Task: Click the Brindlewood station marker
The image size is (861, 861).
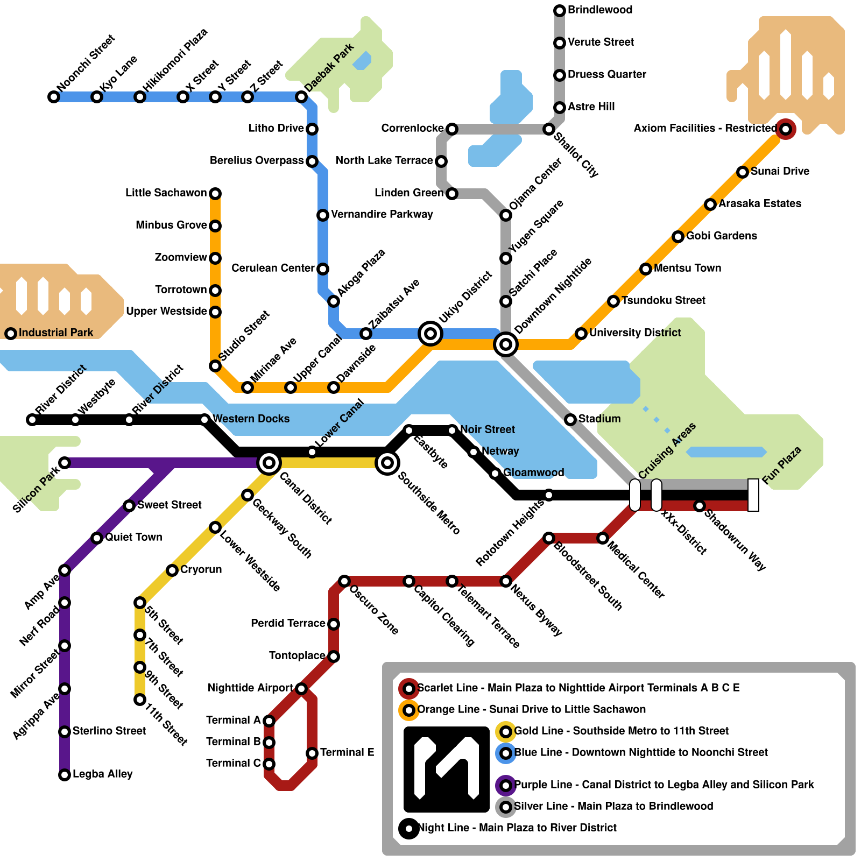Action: click(560, 10)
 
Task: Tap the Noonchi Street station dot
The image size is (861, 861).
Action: click(54, 97)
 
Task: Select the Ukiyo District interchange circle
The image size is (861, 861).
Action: click(430, 334)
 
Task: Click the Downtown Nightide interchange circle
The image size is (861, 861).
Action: click(506, 344)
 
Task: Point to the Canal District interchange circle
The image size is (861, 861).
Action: click(269, 462)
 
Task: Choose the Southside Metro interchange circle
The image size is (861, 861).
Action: click(387, 462)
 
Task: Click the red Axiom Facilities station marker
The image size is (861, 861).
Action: click(786, 129)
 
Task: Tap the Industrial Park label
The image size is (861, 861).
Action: click(56, 333)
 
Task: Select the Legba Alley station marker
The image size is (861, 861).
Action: click(65, 775)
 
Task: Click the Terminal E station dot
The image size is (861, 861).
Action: click(312, 753)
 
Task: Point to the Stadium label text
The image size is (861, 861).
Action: click(599, 419)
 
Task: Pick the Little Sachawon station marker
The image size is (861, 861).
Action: click(215, 193)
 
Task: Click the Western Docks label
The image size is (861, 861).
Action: click(251, 419)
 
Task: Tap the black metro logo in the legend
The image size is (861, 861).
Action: click(447, 769)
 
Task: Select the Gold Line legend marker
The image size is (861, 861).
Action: click(505, 731)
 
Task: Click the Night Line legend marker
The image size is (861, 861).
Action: click(409, 828)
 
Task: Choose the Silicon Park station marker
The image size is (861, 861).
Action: click(65, 463)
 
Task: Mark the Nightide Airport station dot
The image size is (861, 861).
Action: click(301, 689)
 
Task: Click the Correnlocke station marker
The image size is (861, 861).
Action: click(452, 129)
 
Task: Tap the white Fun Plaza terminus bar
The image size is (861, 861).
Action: click(753, 495)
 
